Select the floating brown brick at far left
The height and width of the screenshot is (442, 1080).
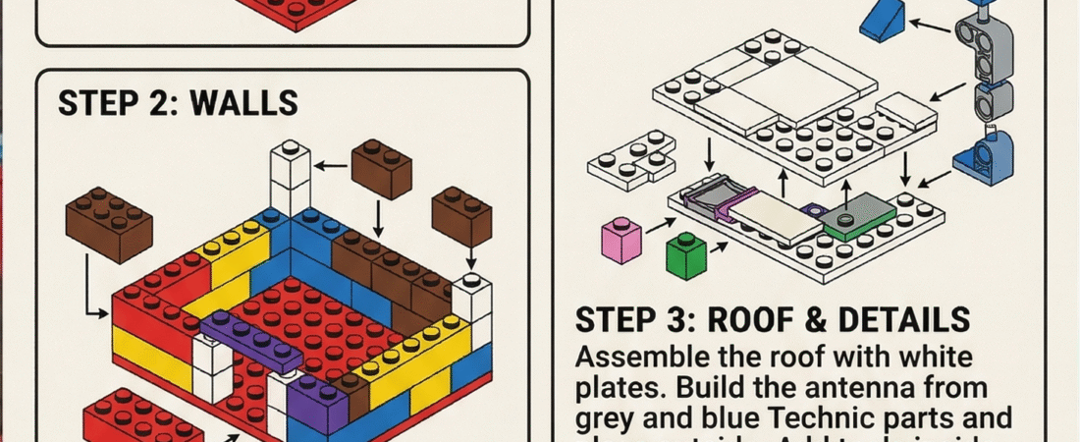tap(108, 226)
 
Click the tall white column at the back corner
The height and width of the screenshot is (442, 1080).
tap(291, 182)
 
